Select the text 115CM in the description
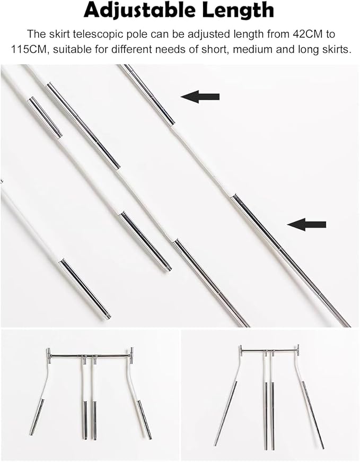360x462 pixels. click(29, 49)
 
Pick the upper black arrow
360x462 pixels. click(200, 97)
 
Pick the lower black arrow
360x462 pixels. click(306, 224)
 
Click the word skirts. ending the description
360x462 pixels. click(335, 49)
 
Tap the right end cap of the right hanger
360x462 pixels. click(298, 350)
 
